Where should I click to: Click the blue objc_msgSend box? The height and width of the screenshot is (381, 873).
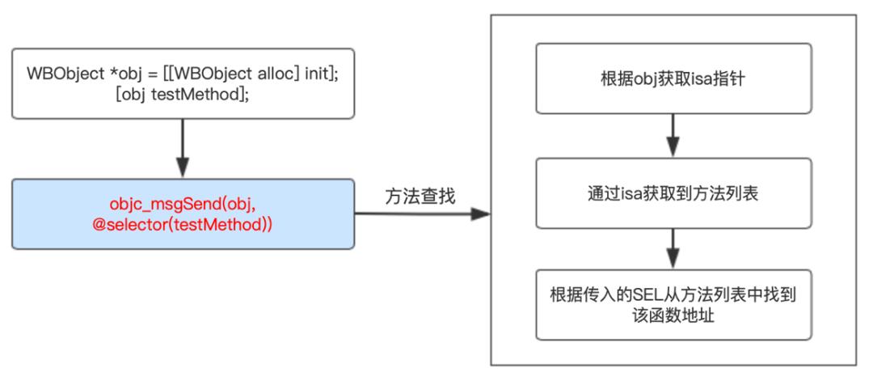point(183,214)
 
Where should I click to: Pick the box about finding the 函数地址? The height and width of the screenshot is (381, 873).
point(673,304)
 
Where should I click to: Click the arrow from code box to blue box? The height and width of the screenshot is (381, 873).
point(183,149)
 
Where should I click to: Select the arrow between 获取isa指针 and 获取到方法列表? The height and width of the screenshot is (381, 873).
point(673,135)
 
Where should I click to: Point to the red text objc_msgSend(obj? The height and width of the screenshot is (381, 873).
point(183,204)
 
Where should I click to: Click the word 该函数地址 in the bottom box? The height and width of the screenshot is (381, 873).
point(673,315)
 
